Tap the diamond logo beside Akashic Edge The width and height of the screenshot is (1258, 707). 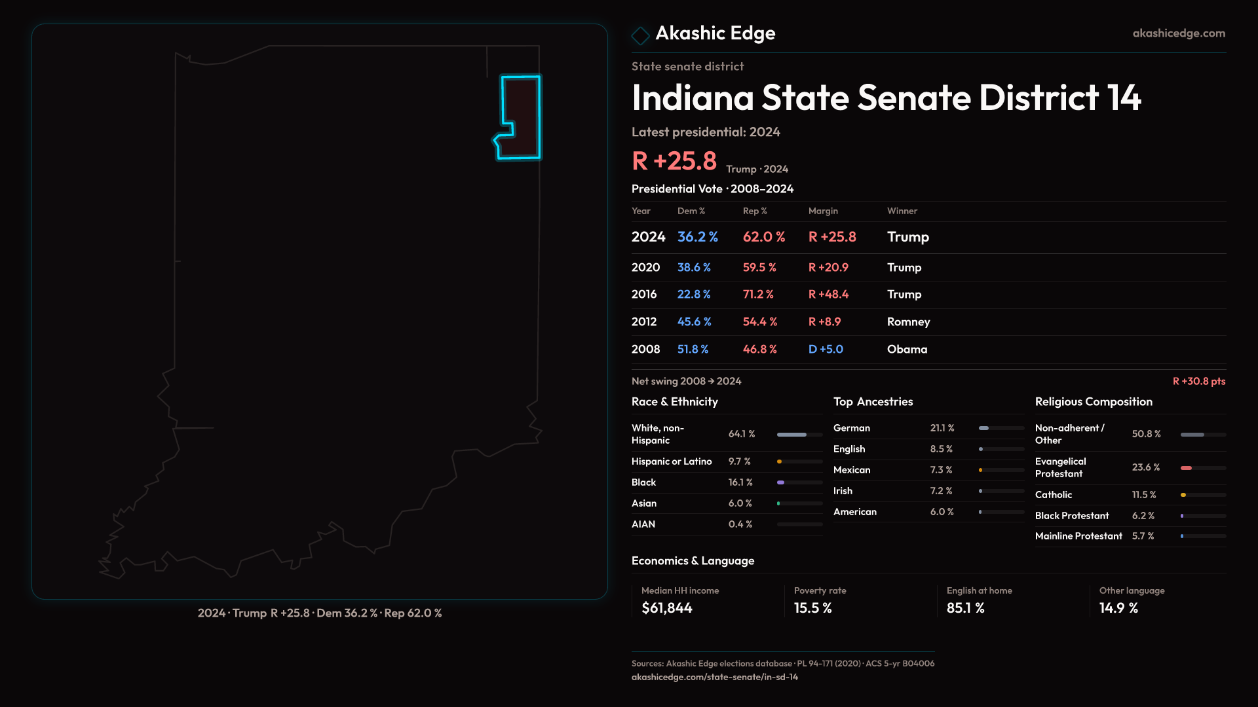point(640,35)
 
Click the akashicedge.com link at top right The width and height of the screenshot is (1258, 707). point(1179,33)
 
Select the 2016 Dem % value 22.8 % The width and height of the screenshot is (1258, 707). point(694,295)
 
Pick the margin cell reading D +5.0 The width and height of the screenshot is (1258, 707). point(826,350)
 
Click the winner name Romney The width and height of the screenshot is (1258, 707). point(908,322)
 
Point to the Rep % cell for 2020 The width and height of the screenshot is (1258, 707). point(759,268)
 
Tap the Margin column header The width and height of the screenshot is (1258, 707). point(823,211)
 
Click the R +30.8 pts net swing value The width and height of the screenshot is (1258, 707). point(1198,382)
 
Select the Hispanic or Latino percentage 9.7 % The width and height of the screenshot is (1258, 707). point(740,462)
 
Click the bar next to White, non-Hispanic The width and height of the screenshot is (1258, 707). point(799,435)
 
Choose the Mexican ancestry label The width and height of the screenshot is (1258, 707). point(852,470)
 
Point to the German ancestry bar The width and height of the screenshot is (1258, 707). point(1001,428)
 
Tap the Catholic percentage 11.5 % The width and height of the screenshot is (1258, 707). point(1144,495)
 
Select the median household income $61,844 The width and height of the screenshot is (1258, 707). point(667,608)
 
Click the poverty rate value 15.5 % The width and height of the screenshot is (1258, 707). point(812,608)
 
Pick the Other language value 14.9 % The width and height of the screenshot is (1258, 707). point(1118,608)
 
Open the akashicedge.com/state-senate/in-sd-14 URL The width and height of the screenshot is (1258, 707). point(714,678)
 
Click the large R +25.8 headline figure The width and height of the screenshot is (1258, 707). point(674,161)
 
